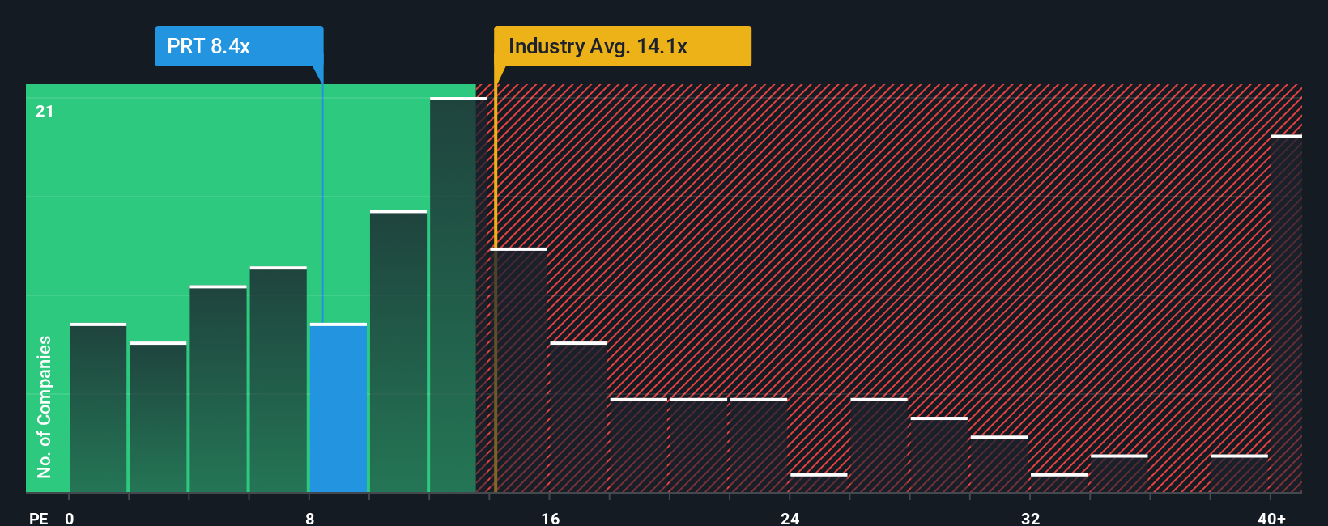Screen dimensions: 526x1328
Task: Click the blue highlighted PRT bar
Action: pos(338,408)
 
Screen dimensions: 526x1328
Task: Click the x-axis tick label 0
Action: pos(70,518)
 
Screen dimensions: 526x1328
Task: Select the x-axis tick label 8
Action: pos(310,518)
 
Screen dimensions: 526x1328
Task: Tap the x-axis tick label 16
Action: pos(550,518)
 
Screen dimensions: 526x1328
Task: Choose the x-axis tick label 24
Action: pos(790,518)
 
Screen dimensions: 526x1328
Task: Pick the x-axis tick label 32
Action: pos(1030,518)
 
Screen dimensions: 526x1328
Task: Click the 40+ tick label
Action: pos(1271,518)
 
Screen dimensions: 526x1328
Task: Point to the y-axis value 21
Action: pos(45,111)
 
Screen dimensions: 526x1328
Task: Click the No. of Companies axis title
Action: pos(45,406)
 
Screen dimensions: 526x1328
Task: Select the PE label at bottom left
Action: pos(38,518)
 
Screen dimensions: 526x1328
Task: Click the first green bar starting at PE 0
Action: pos(98,408)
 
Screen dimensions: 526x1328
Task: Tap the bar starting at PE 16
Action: pos(578,418)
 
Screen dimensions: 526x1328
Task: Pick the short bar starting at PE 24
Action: pos(819,482)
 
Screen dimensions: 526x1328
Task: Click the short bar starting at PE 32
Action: pos(1059,482)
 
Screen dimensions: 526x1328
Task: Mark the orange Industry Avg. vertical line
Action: pos(496,324)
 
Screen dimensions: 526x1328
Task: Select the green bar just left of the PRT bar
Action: pos(279,380)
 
